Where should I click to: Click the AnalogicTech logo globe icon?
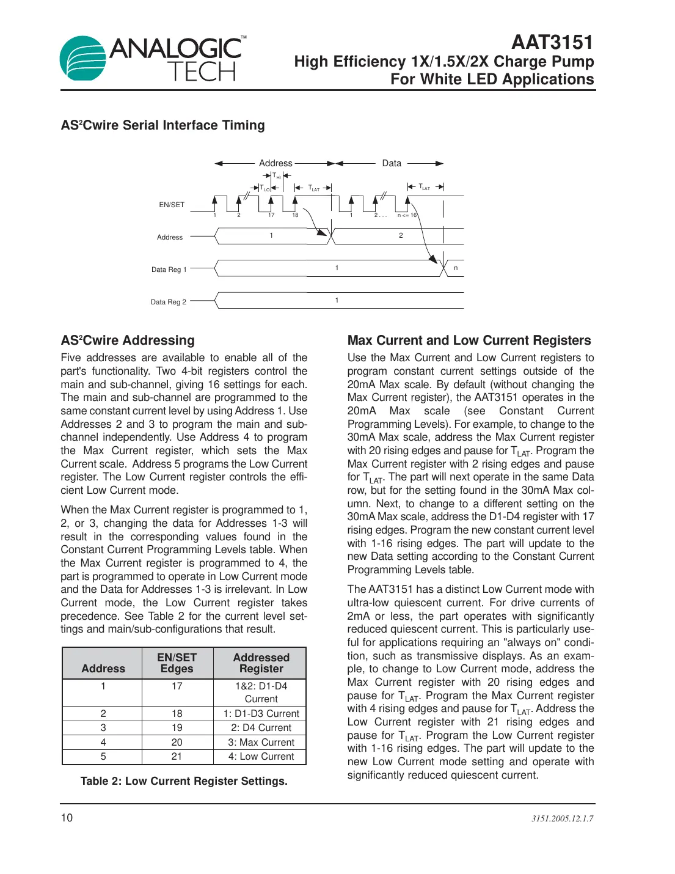click(x=83, y=58)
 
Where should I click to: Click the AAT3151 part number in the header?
click(x=552, y=42)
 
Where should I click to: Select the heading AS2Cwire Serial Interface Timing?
click(x=162, y=125)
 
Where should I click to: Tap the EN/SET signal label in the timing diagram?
click(x=172, y=205)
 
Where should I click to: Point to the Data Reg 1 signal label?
click(x=169, y=270)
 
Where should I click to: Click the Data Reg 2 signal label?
click(x=169, y=302)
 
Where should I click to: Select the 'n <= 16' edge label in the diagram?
click(x=407, y=215)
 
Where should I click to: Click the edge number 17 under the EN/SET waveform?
click(x=271, y=215)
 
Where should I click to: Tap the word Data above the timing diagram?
click(x=392, y=163)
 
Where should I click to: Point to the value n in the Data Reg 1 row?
click(x=456, y=268)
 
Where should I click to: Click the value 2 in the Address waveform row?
click(x=401, y=235)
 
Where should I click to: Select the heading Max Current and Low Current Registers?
click(x=469, y=340)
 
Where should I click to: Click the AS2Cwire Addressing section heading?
click(x=128, y=340)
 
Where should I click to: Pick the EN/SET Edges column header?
click(x=177, y=663)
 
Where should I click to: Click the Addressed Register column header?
click(x=261, y=663)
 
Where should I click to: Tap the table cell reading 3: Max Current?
click(x=261, y=742)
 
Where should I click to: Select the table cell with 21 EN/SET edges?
click(x=177, y=757)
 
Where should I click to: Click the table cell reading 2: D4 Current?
click(x=261, y=728)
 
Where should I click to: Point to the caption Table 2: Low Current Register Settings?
click(x=184, y=781)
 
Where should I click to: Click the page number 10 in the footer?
click(x=67, y=818)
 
